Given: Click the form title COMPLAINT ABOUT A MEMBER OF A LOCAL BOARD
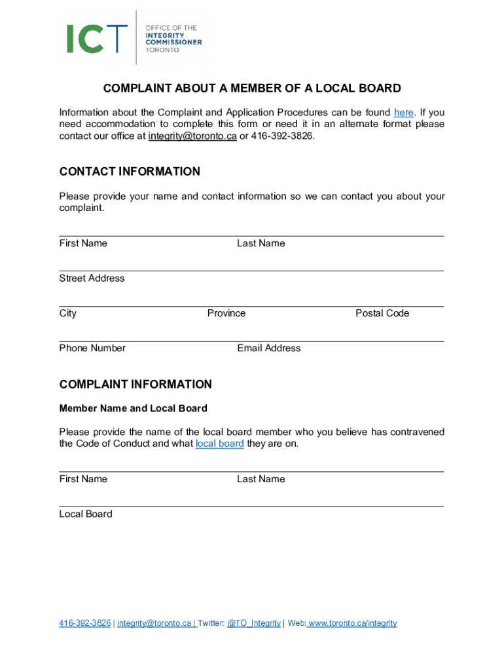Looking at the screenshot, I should pos(251,88).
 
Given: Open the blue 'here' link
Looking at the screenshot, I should pos(403,112).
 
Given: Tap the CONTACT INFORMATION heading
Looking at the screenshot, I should pos(130,172).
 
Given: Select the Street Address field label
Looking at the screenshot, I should pos(92,278).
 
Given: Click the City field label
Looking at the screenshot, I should pos(68,313).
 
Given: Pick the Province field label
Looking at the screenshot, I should pos(226,313).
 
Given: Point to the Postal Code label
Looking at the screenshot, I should pos(382,313).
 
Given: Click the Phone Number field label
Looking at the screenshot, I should pos(92,348).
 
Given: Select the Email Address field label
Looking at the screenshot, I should pos(269,348).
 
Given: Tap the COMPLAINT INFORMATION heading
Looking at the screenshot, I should pos(135,384).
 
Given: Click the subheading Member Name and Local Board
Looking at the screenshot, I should pos(134,408).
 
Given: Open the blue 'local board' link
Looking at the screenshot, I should pos(220,444).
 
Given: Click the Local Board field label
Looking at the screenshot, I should pos(86,514).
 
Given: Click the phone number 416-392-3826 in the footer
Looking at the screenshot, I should pos(85,623).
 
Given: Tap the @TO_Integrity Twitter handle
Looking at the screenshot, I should pos(253,623).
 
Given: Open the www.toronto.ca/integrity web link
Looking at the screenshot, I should pos(353,623).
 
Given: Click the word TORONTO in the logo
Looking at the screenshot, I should pos(161,49).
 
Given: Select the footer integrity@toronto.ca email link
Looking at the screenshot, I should pos(154,623).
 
